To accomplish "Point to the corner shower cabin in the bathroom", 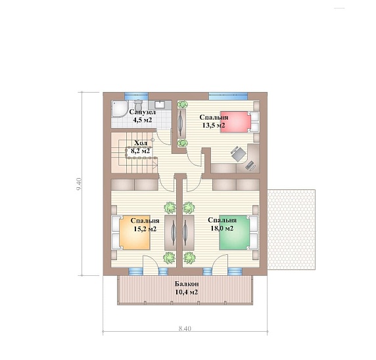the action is [120, 109].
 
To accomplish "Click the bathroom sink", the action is [160, 104].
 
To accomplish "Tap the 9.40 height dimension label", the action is [80, 184].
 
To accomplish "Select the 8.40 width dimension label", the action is [185, 328].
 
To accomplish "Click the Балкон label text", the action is [187, 284].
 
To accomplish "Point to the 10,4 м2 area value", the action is [187, 292].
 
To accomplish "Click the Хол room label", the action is [141, 143].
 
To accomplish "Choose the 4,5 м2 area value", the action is [143, 120].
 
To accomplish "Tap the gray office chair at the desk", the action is [239, 153].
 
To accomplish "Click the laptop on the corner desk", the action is [250, 166].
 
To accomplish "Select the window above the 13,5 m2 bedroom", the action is [228, 96].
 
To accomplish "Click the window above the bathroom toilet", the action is [137, 96].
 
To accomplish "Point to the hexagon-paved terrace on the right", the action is [291, 229].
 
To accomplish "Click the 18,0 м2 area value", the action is [222, 228].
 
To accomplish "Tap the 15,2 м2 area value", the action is [145, 229].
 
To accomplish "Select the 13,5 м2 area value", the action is [214, 125].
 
